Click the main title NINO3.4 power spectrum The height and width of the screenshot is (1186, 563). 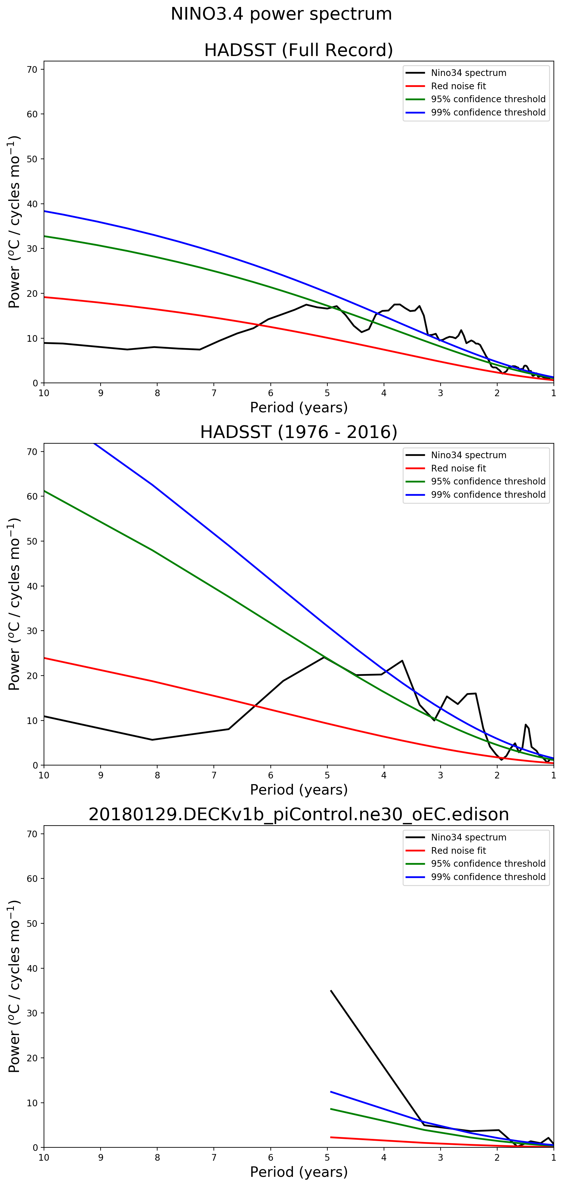tap(281, 14)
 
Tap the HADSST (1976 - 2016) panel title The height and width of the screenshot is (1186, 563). tap(298, 432)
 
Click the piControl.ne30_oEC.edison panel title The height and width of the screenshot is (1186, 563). tap(298, 815)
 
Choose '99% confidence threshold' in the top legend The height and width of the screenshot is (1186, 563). tap(488, 112)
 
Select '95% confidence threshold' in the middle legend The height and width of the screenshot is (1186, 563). tap(488, 481)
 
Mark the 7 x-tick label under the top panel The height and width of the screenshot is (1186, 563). tap(214, 393)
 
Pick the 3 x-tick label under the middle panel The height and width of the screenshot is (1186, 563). tap(441, 775)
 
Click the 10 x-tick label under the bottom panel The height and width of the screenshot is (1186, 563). tap(44, 1158)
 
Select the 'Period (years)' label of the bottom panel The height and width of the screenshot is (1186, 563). tap(298, 1172)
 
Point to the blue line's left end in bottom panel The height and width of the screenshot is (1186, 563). tap(331, 1092)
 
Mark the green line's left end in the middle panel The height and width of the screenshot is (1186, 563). tap(44, 491)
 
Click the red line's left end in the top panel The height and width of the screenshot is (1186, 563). tap(44, 297)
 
